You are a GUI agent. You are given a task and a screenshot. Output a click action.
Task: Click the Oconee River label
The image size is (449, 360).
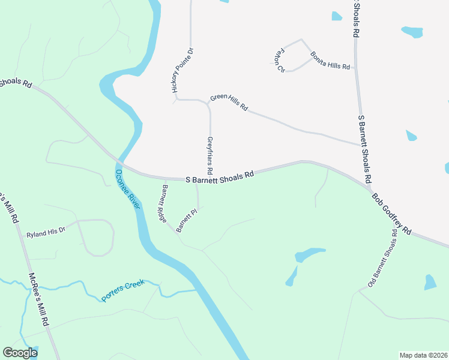pos(128,189)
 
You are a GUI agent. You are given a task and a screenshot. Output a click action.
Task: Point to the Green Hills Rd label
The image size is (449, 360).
pos(229,103)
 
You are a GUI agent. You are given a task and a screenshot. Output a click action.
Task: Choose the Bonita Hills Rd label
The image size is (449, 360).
pos(330,61)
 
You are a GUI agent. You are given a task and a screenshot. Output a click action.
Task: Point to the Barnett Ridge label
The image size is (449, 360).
pos(162,204)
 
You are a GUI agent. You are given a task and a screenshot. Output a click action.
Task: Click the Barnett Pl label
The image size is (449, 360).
pos(187,220)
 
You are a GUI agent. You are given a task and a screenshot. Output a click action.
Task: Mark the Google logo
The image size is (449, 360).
pos(20,353)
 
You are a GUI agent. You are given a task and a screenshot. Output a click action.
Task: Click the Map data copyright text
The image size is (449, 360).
pos(423,355)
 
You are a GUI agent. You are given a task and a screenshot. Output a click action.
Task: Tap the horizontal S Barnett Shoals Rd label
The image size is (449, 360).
pos(219,176)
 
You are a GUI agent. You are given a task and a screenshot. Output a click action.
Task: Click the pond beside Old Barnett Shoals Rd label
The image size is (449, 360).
pos(430,282)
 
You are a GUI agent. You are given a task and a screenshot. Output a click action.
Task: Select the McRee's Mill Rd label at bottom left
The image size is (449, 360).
pos(40,300)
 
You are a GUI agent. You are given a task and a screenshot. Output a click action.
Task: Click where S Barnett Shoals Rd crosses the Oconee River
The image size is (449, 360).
pos(121,165)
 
